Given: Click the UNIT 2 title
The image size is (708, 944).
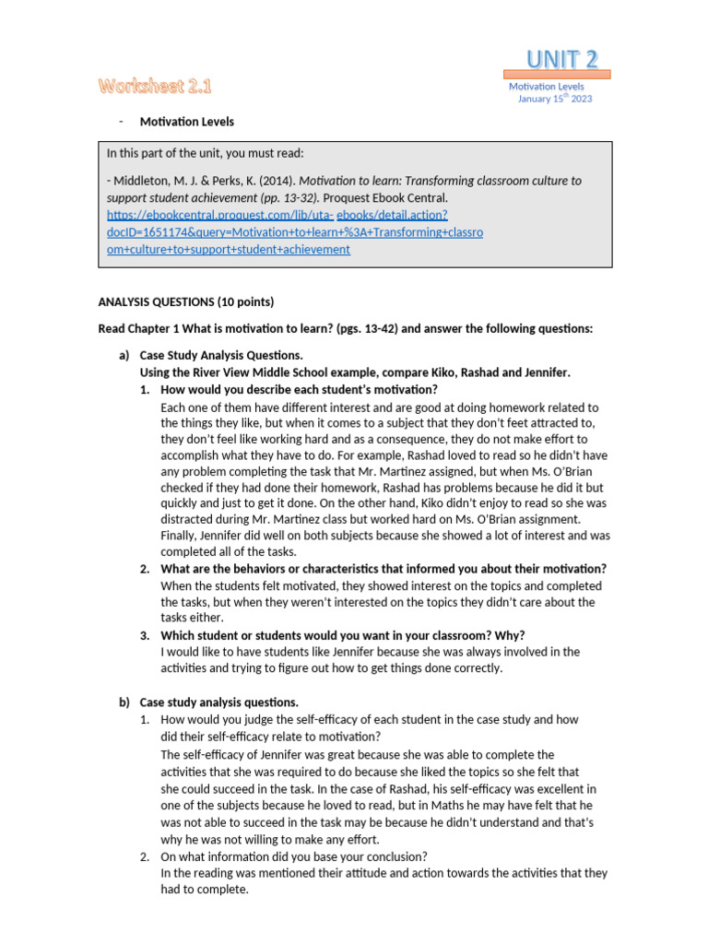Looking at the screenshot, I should (562, 59).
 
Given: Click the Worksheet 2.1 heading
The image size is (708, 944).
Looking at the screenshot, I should (155, 87).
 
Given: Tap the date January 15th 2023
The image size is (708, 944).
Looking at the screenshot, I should (555, 99).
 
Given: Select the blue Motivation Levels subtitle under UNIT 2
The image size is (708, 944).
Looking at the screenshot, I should (547, 87).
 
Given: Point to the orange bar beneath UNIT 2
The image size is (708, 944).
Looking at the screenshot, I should (557, 75).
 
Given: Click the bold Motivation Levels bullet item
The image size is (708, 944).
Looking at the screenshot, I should (186, 122).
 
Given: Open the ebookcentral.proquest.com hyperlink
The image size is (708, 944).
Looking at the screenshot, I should (295, 231).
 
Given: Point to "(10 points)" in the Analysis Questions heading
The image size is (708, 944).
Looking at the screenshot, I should (244, 301).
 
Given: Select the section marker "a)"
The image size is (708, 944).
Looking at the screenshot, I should (124, 355).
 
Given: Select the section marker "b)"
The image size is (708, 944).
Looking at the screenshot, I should (124, 702).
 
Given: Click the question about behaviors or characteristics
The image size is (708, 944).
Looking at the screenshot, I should (383, 569).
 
